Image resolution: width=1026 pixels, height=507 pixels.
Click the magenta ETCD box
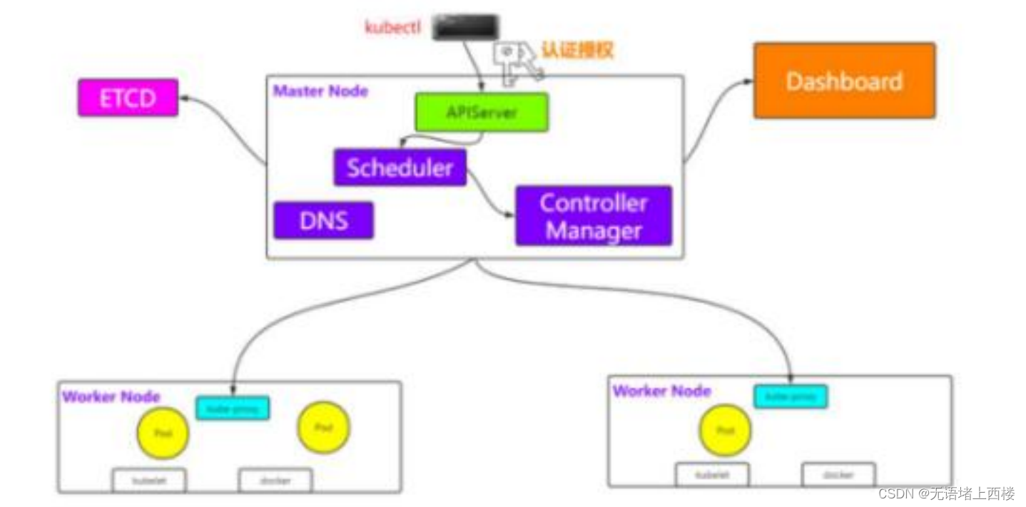128,98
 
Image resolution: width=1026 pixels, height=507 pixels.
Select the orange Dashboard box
844,81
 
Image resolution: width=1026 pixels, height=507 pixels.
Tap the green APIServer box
482,112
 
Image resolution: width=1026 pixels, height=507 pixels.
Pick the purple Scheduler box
400,168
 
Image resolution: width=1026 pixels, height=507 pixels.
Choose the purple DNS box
323,220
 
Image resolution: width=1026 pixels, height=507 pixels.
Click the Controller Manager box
594,216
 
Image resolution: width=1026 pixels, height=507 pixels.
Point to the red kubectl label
393,28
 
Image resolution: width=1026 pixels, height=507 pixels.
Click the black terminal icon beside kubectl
466,26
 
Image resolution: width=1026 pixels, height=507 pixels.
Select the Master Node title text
321,91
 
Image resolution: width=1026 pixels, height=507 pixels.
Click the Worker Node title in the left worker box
111,396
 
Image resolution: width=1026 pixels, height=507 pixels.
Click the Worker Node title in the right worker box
661,391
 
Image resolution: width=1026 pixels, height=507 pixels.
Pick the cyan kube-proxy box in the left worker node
233,408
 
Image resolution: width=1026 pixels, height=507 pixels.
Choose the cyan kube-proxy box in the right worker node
791,396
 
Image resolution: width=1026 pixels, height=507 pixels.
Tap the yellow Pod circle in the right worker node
726,431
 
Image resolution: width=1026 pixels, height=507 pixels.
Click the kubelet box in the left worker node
148,481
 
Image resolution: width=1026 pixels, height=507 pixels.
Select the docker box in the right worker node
838,475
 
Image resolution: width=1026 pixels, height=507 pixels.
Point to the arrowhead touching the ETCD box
183,99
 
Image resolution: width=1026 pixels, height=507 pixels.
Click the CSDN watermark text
946,493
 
